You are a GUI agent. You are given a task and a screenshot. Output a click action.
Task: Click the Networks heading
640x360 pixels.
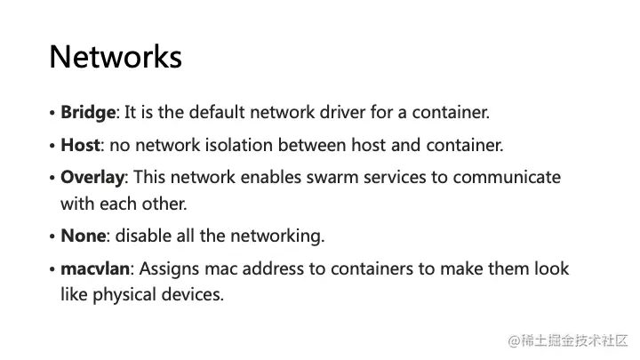click(x=116, y=57)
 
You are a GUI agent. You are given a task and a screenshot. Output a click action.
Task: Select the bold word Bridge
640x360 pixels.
click(x=88, y=113)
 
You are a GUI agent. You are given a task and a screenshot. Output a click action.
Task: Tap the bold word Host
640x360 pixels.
click(x=80, y=144)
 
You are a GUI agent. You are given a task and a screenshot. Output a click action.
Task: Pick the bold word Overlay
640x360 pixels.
click(x=92, y=177)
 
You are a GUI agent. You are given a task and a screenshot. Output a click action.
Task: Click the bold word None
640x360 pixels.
click(x=83, y=236)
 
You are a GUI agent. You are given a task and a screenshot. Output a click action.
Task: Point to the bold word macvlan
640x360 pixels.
click(x=96, y=268)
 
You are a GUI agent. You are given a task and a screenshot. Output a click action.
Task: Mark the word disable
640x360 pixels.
click(x=142, y=236)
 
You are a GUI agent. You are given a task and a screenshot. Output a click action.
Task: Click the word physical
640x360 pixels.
click(x=124, y=294)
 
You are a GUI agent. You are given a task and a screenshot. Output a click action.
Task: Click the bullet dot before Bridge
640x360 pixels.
click(x=52, y=114)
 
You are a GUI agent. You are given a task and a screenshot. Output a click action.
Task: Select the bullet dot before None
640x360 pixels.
click(x=52, y=236)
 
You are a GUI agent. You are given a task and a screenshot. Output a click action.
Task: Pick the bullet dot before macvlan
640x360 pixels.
click(x=52, y=269)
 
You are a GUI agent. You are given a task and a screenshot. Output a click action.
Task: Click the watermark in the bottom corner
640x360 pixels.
click(x=567, y=340)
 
